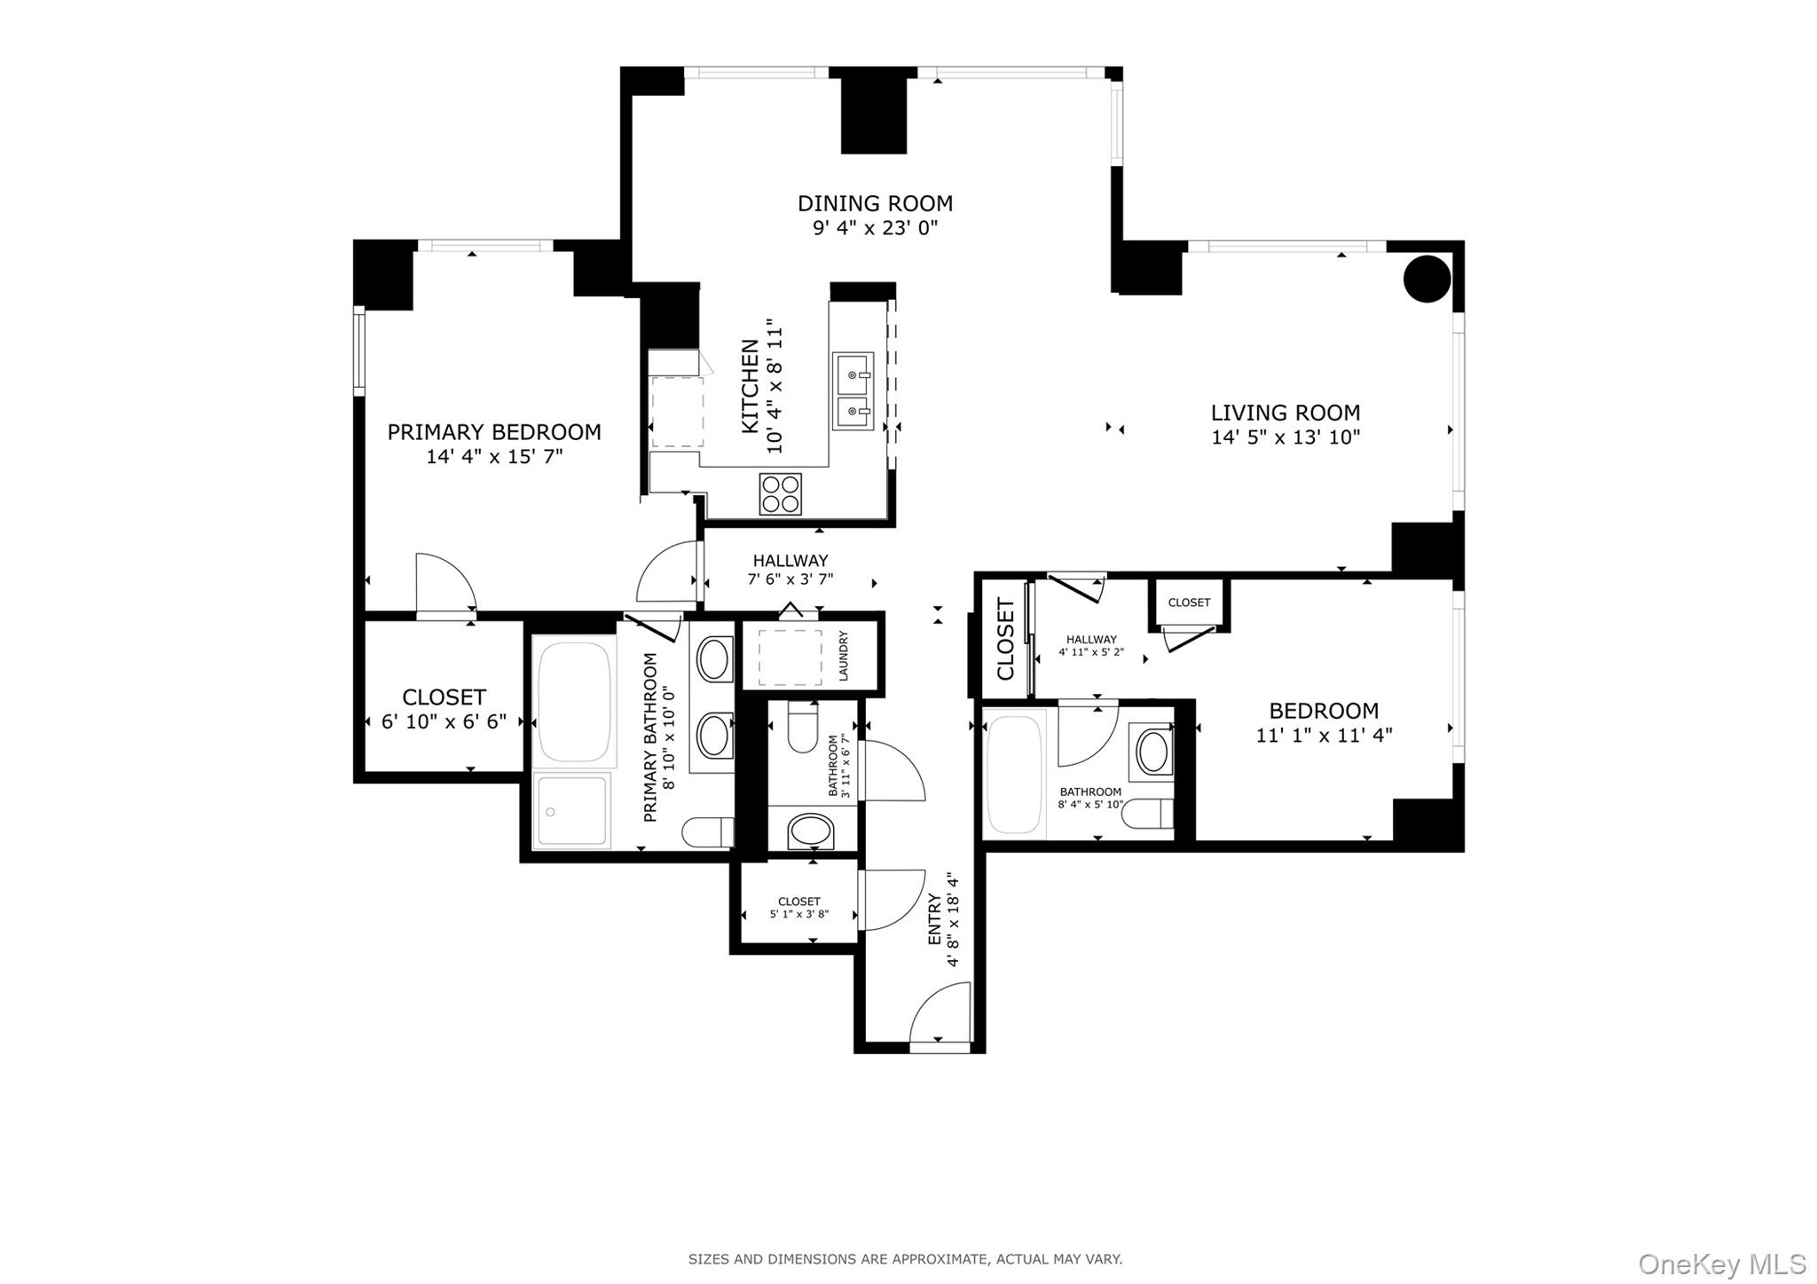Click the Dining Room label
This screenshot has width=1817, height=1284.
click(875, 203)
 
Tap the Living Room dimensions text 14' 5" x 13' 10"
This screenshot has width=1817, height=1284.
click(1286, 437)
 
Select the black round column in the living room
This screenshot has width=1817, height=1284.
click(1427, 279)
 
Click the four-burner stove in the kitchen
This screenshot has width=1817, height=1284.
click(780, 493)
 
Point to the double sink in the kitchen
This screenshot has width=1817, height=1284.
click(853, 391)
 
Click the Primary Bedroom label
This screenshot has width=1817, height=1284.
click(494, 432)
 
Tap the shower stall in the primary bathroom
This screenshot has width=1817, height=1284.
click(572, 810)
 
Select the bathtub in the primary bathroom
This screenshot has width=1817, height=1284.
click(575, 701)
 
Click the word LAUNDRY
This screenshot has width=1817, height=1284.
click(843, 656)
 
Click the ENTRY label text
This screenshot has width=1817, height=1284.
click(934, 919)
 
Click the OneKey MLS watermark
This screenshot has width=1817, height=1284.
click(1721, 1263)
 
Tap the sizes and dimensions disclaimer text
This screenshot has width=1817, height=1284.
click(905, 1258)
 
